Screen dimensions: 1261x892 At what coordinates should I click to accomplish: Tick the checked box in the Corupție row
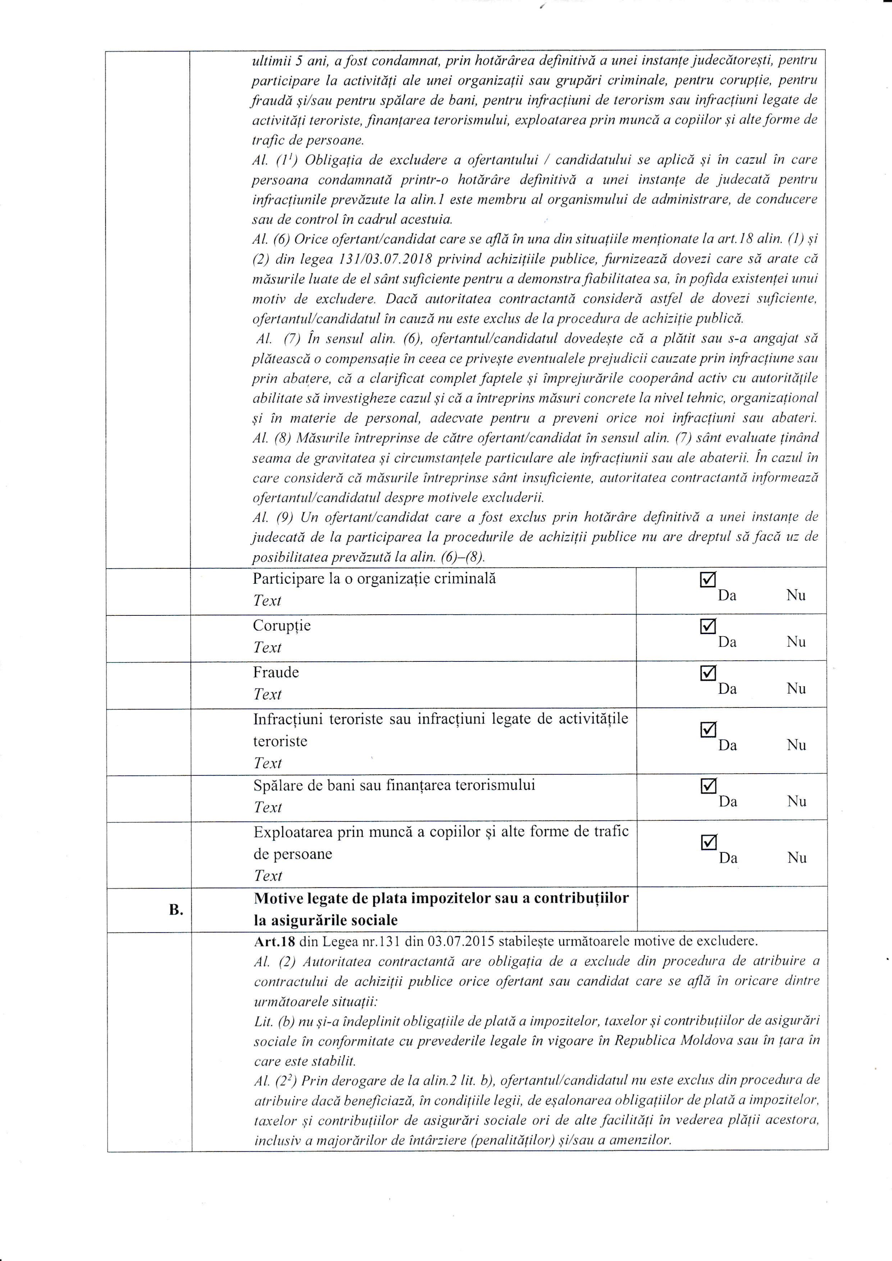(x=708, y=627)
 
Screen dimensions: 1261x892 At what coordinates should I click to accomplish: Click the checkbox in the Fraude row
(x=708, y=673)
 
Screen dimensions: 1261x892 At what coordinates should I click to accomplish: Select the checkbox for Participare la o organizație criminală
(x=708, y=580)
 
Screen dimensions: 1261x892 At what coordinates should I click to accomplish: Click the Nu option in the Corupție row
(x=796, y=642)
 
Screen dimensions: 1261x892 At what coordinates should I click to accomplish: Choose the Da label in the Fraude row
(x=727, y=689)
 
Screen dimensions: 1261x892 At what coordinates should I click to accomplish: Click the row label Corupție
(x=281, y=625)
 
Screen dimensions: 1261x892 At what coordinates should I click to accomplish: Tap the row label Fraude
(x=276, y=672)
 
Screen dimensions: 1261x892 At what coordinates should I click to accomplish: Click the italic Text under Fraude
(x=267, y=694)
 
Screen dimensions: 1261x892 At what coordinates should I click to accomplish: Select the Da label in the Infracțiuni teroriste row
(x=728, y=745)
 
